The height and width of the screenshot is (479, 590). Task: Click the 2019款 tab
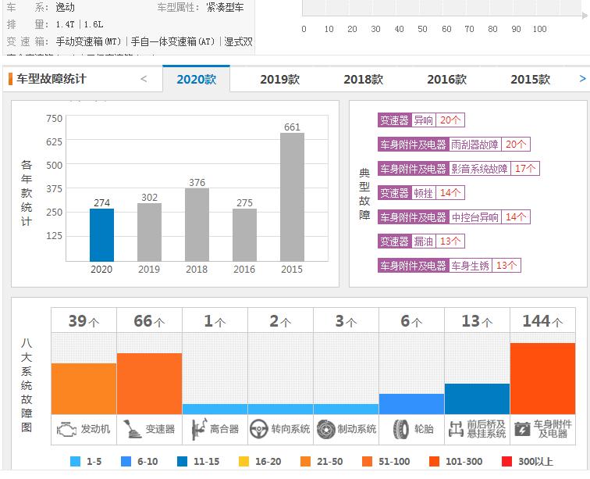279,79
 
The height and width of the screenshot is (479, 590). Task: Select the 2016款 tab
446,79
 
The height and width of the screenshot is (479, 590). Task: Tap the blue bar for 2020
101,234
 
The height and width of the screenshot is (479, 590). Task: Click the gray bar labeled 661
292,197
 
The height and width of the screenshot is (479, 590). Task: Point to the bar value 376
197,183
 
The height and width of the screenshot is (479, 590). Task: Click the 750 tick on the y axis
54,119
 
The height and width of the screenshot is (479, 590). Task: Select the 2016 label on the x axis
244,269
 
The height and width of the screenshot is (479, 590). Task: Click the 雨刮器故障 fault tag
474,145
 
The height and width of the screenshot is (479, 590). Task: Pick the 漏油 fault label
424,241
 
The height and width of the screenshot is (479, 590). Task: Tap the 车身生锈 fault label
470,266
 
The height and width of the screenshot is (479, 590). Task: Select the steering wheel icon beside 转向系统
259,429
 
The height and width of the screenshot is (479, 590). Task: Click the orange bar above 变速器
149,384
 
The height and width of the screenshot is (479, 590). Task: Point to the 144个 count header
542,321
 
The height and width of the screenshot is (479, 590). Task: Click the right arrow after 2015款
582,79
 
